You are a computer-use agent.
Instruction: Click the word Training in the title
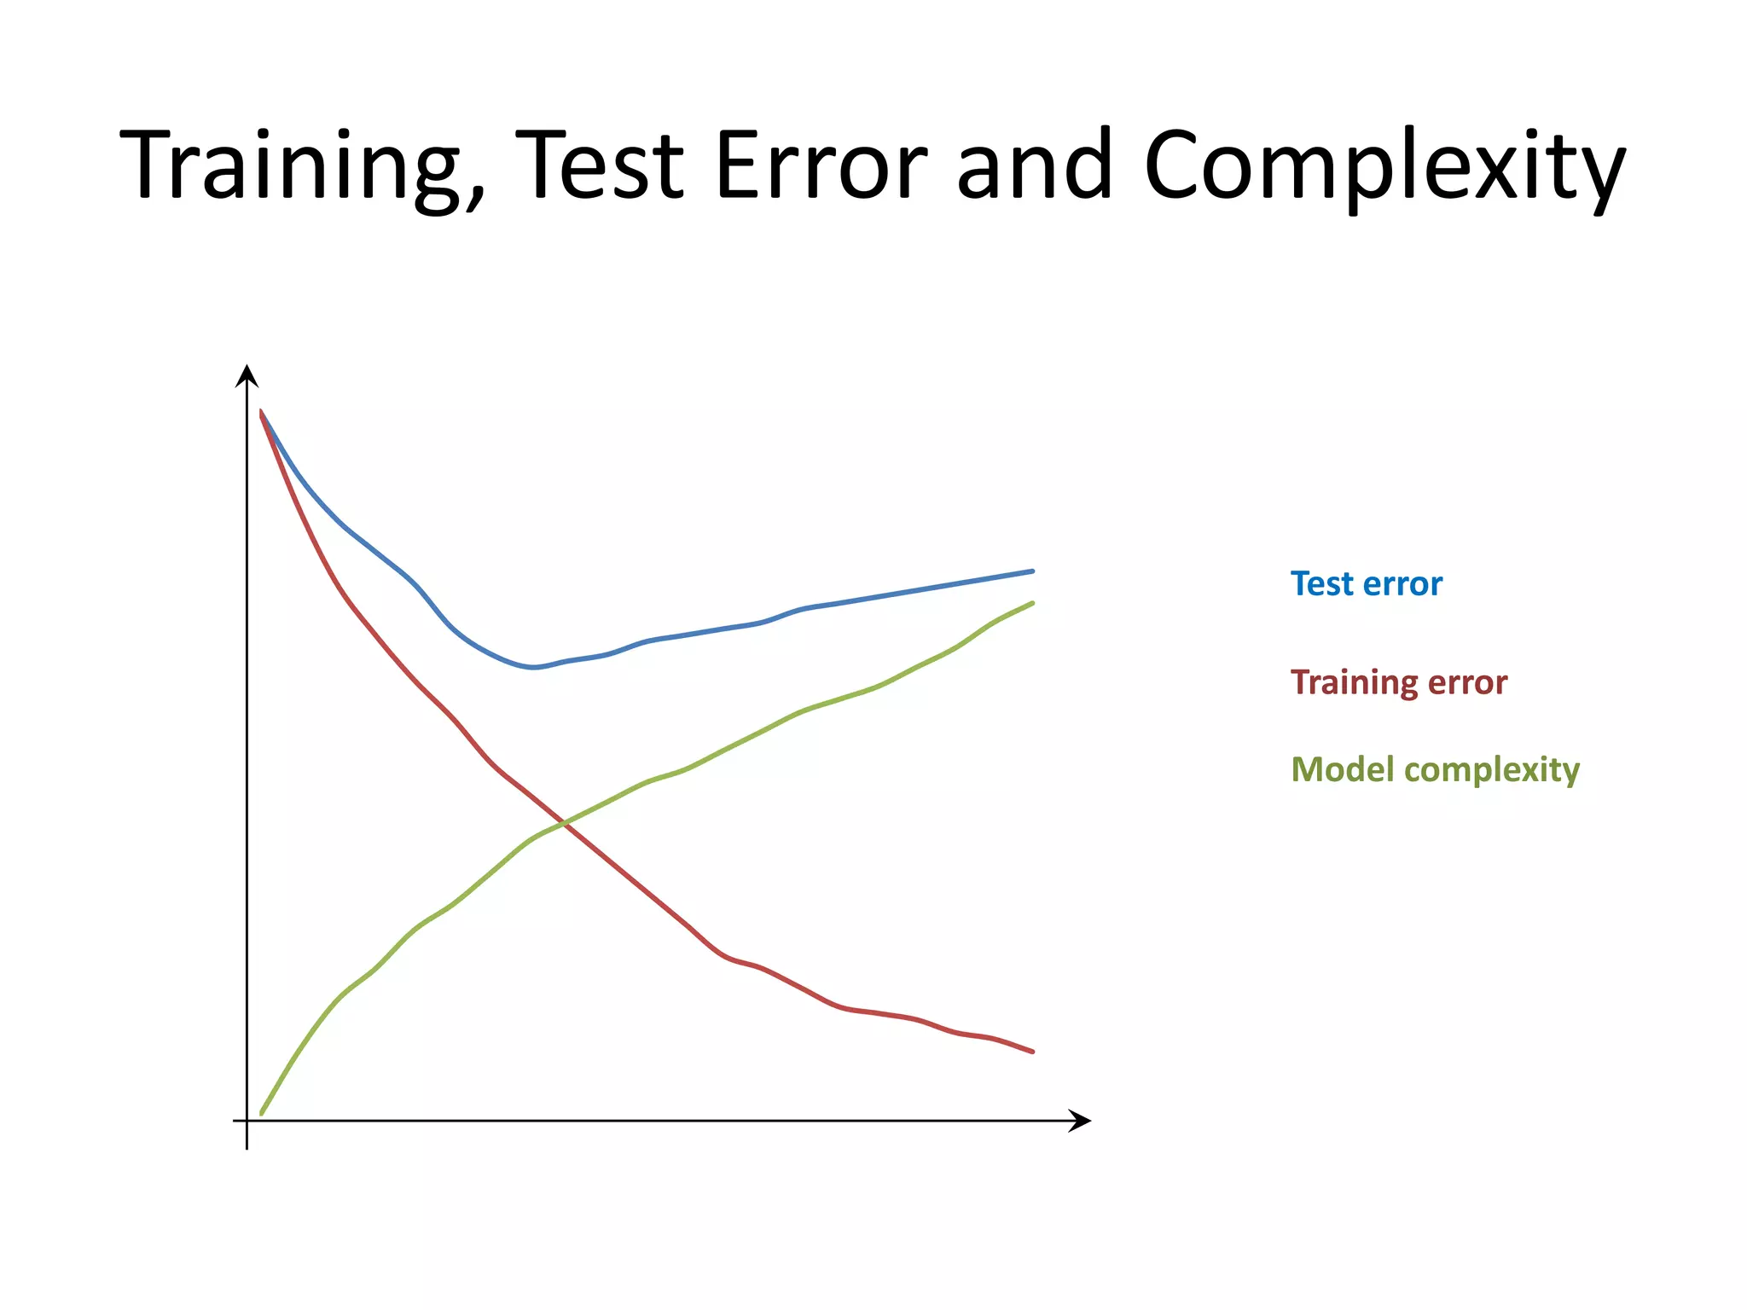[290, 166]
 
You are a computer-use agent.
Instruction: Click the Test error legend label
[1366, 584]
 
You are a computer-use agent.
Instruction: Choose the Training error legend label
[1398, 682]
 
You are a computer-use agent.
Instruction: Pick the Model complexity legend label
[1435, 769]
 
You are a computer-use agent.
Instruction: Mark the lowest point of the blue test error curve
[533, 667]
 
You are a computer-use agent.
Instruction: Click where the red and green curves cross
[564, 823]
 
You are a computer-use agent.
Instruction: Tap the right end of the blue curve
[1032, 571]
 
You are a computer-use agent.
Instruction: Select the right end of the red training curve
[1032, 1052]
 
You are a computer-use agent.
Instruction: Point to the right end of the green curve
[1032, 603]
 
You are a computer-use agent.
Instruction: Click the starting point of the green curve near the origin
[261, 1113]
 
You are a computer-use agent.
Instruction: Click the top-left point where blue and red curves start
[261, 412]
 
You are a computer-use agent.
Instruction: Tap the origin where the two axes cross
[247, 1121]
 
